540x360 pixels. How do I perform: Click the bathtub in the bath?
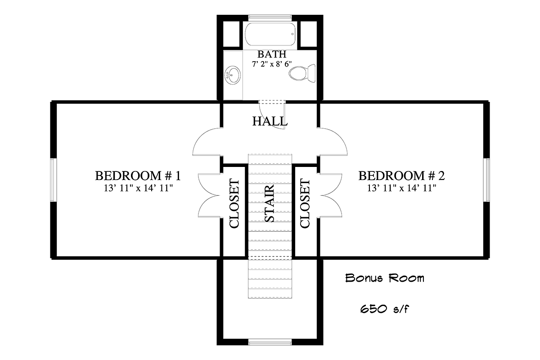270,34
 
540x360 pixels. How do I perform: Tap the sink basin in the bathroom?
233,75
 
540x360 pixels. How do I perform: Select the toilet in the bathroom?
302,73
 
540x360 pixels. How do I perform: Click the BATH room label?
272,54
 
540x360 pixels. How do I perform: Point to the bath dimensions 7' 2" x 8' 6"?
272,64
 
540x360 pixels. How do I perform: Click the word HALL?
270,121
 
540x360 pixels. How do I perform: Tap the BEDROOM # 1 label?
138,175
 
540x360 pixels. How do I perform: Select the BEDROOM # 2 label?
401,175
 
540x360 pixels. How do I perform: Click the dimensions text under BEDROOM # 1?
139,188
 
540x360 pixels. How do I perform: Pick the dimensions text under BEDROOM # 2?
401,188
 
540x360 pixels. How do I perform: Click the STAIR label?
270,203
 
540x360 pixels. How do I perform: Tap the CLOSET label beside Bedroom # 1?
234,203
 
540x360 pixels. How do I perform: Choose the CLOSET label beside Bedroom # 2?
305,203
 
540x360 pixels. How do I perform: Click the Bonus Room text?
385,278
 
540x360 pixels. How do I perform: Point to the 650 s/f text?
385,309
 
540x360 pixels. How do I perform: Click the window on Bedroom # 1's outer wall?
54,180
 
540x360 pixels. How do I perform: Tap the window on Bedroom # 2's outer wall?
486,180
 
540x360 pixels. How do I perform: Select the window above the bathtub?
270,17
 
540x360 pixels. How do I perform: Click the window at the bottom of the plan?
270,342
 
